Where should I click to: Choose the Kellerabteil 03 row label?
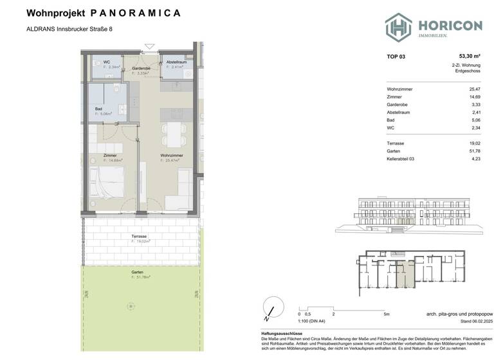(x=405, y=159)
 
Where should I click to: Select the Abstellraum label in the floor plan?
(x=176, y=62)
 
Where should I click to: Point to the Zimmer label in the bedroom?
(x=110, y=156)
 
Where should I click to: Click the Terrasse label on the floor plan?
(x=140, y=237)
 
